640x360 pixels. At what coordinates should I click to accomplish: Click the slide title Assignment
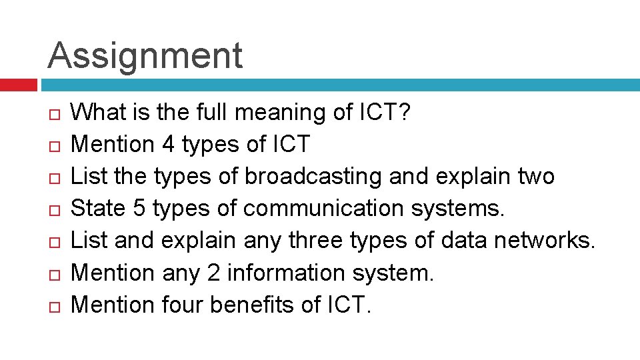(x=145, y=55)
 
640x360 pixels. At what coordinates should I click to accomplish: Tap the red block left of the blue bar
(x=18, y=85)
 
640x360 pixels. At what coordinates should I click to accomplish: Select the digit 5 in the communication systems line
(x=139, y=209)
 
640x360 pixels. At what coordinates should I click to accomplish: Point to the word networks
(x=543, y=241)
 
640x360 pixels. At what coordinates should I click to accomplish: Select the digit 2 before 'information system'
(x=233, y=273)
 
